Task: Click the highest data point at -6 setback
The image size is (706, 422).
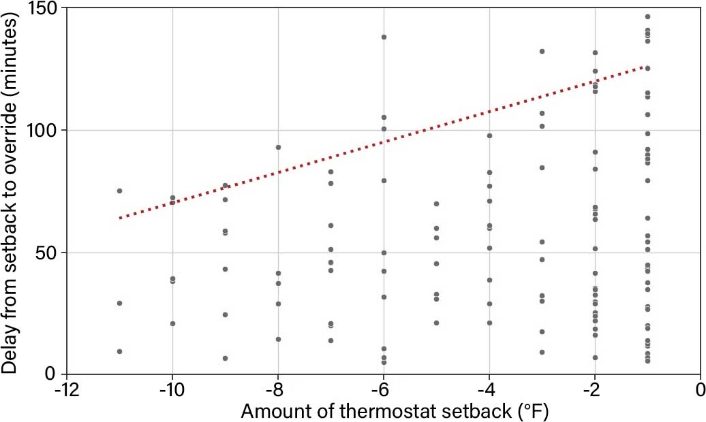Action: pos(384,37)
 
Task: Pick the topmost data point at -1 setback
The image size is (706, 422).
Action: pos(647,16)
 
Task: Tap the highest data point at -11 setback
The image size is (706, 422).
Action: pos(119,191)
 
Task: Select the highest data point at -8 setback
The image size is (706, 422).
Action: pos(278,147)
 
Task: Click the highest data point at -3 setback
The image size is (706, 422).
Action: pos(542,51)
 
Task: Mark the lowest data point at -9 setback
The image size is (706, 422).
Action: pos(225,358)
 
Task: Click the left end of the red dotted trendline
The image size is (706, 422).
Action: pos(119,218)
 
